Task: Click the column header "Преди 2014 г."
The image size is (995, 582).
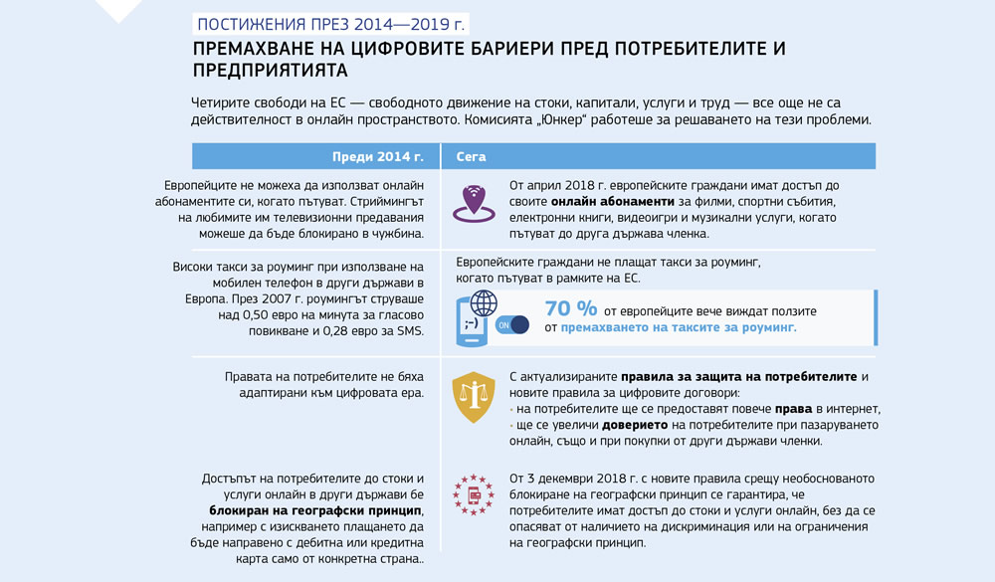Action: [377, 157]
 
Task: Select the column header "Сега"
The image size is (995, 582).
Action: [471, 157]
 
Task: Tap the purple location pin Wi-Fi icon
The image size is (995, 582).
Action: [474, 202]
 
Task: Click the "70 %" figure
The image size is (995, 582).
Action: [571, 309]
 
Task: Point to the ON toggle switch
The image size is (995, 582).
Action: [512, 325]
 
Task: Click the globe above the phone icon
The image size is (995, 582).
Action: [483, 301]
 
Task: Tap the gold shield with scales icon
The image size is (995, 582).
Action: [474, 399]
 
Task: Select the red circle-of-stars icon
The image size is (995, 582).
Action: [474, 493]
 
